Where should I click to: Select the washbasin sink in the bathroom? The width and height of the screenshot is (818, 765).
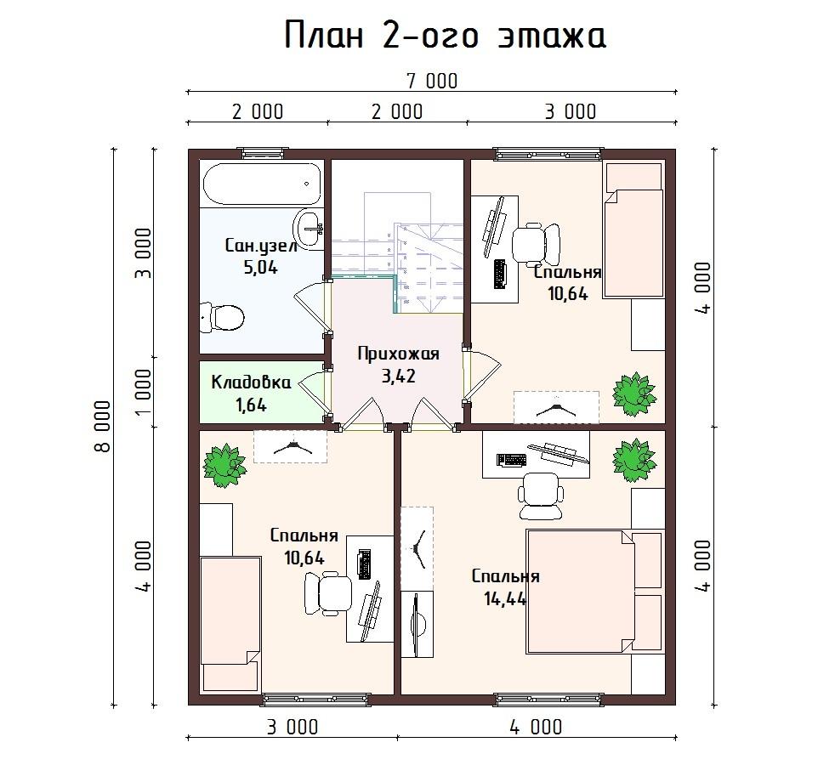(x=309, y=227)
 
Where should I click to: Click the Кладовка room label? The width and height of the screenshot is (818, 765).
(x=251, y=382)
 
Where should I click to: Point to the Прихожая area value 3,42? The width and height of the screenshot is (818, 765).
(x=399, y=376)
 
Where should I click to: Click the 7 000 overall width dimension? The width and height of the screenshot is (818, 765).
(x=432, y=82)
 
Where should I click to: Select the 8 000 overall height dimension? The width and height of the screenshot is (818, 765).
(x=103, y=426)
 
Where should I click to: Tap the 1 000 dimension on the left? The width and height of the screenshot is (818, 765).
(x=143, y=392)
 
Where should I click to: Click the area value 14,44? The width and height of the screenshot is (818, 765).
(x=505, y=599)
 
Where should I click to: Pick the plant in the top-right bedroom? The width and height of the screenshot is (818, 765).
(x=633, y=394)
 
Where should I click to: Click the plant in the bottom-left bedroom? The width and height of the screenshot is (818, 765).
(x=224, y=465)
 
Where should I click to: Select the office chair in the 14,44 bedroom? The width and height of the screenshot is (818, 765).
(x=542, y=496)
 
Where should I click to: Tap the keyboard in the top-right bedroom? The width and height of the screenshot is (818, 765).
(x=501, y=273)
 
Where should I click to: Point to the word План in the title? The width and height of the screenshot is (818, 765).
(x=324, y=36)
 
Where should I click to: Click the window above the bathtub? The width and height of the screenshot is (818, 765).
(x=264, y=154)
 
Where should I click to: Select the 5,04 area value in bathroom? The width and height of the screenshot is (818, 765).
(x=260, y=268)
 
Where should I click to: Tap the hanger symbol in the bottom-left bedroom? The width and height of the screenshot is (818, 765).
(x=291, y=447)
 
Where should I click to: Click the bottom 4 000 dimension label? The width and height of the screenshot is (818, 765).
(x=537, y=727)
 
